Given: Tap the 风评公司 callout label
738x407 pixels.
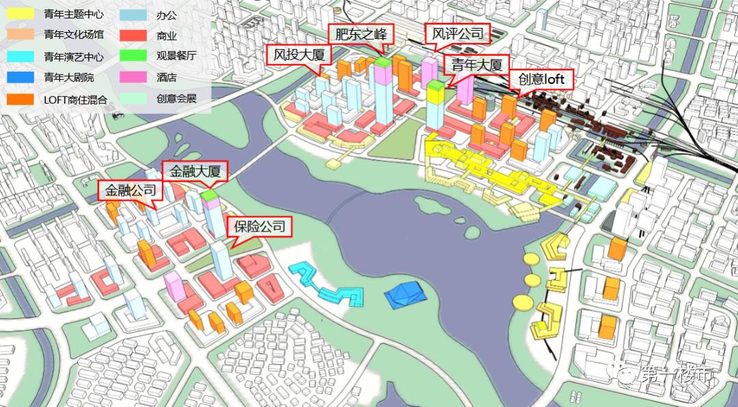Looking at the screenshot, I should coord(458,33).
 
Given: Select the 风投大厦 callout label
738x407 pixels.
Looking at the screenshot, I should coord(299,55).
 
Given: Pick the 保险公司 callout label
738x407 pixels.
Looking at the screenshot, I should coord(259,226).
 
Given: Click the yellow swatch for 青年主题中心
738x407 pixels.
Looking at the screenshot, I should coord(20,13).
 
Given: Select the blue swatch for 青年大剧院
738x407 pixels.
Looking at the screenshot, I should coord(20,77).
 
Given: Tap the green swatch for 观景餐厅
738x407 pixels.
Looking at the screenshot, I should coord(133,56).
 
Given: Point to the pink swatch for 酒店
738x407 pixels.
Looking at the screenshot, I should coord(133,77).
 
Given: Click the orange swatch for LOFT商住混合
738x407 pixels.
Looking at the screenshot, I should coord(20,99).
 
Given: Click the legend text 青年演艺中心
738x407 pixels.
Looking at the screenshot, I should coord(73,57).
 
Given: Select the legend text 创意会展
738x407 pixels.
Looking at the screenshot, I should coord(176,99).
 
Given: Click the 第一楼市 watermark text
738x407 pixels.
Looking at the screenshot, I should coord(676,375).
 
